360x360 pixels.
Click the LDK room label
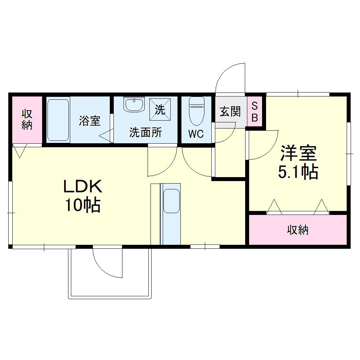(83, 186)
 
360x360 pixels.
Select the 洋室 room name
(298, 153)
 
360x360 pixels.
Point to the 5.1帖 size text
(298, 172)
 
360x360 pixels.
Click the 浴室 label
(90, 121)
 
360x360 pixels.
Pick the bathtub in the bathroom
(58, 120)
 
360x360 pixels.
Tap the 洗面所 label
(145, 133)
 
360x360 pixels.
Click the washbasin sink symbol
(134, 104)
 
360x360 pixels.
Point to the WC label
(196, 134)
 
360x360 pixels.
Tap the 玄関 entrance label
(230, 112)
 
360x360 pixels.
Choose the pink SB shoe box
(255, 112)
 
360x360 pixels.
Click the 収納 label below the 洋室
(298, 230)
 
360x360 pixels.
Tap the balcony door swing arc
(107, 265)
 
